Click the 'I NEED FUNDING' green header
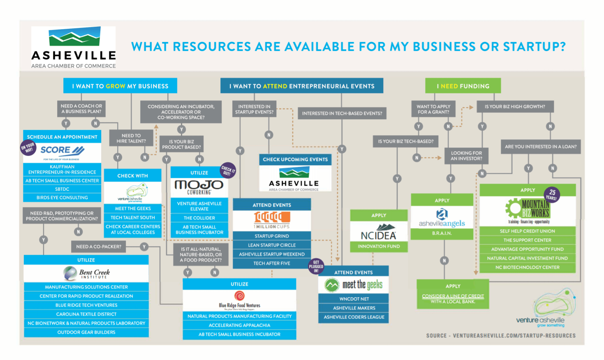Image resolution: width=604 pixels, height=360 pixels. point(463,86)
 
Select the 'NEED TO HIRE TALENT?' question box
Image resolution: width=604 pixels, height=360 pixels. point(131,138)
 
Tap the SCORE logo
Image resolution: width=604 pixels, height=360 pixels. point(62,150)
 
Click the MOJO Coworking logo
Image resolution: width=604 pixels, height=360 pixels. point(199,186)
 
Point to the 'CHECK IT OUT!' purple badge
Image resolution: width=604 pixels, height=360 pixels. point(228,170)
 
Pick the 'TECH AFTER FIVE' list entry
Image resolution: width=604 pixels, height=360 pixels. point(272,263)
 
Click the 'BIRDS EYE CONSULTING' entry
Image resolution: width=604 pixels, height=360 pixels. point(62,198)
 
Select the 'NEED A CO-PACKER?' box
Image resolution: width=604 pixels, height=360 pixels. point(99,247)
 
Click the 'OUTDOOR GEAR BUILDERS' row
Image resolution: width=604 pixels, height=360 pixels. point(86,332)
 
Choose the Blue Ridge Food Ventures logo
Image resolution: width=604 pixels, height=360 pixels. point(239,300)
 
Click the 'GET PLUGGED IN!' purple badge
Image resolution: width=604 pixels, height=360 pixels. point(316,266)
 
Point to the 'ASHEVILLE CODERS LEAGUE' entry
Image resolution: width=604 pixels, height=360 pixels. point(354,317)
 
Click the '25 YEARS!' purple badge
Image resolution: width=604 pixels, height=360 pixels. point(552,194)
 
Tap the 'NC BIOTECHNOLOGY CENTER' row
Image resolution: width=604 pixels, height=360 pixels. point(527,268)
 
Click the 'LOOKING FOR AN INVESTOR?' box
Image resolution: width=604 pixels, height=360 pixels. point(466,156)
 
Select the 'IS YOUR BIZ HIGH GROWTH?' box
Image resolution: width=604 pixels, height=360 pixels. point(515,106)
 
